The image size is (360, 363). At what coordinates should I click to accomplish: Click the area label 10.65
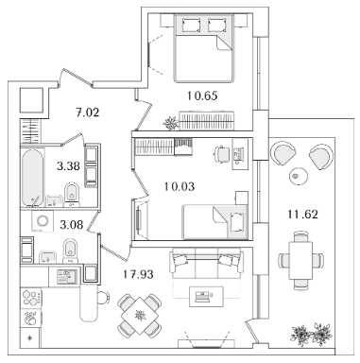[x=202, y=95]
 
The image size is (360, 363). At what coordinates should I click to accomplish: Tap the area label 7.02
[x=87, y=112]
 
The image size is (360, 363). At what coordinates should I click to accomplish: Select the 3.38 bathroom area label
[x=68, y=165]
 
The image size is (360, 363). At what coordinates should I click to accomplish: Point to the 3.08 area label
[x=71, y=225]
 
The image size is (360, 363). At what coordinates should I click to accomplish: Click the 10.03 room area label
[x=180, y=186]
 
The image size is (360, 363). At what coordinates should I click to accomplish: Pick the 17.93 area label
[x=138, y=274]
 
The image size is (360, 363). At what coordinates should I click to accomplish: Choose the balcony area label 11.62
[x=302, y=215]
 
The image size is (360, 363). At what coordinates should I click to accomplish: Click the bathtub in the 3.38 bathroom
[x=32, y=177]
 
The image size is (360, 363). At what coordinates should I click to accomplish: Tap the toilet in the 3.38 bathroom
[x=72, y=194]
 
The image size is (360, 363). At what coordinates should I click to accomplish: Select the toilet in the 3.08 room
[x=70, y=251]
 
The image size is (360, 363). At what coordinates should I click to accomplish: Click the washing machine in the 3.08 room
[x=43, y=221]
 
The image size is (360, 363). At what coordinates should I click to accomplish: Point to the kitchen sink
[x=66, y=276]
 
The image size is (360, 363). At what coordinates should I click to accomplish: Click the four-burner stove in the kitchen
[x=31, y=298]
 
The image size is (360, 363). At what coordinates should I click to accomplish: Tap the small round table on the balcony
[x=298, y=177]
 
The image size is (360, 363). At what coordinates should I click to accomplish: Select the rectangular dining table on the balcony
[x=300, y=260]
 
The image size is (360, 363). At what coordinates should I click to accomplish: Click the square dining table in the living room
[x=140, y=316]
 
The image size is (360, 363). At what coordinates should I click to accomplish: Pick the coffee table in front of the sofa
[x=206, y=296]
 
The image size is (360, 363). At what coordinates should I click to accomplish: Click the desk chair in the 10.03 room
[x=222, y=154]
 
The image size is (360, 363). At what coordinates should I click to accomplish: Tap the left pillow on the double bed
[x=191, y=25]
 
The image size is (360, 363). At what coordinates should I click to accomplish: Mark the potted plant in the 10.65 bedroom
[x=171, y=123]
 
